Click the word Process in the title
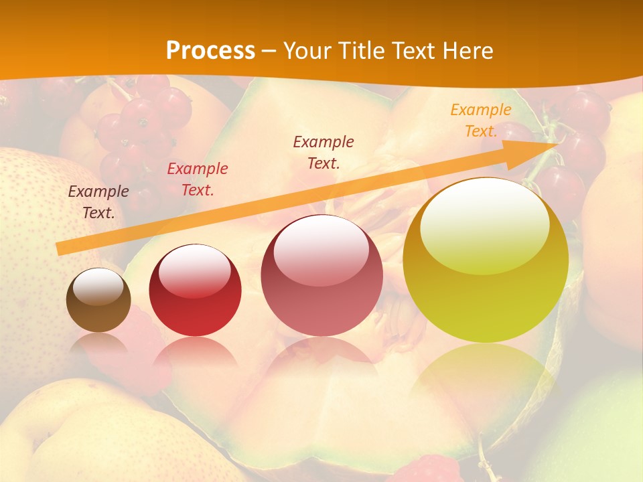210,51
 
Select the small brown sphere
98,300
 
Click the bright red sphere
195,291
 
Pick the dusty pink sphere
321,276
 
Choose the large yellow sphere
486,261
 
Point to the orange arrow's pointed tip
557,143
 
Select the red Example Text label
198,179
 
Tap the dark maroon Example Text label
324,152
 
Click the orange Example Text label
481,120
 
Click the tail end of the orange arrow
60,248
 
